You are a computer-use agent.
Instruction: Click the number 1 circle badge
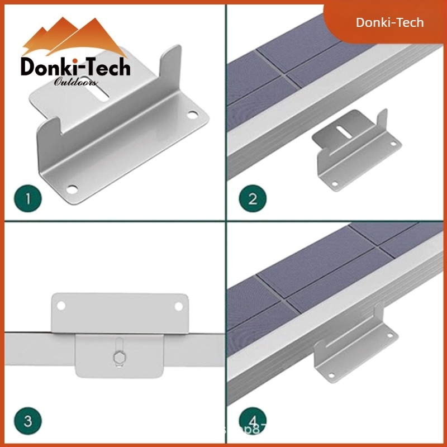coord(30,197)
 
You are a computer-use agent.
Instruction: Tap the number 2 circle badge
coord(253,197)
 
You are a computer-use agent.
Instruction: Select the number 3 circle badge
coord(29,420)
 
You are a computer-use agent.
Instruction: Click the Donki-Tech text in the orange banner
coord(390,22)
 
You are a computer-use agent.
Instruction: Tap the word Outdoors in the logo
coord(76,83)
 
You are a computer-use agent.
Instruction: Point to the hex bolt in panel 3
coord(120,356)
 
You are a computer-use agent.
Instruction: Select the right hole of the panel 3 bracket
coord(179,306)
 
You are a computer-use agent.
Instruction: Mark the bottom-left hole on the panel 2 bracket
coord(334,183)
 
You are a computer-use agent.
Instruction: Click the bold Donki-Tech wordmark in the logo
coord(75,68)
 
